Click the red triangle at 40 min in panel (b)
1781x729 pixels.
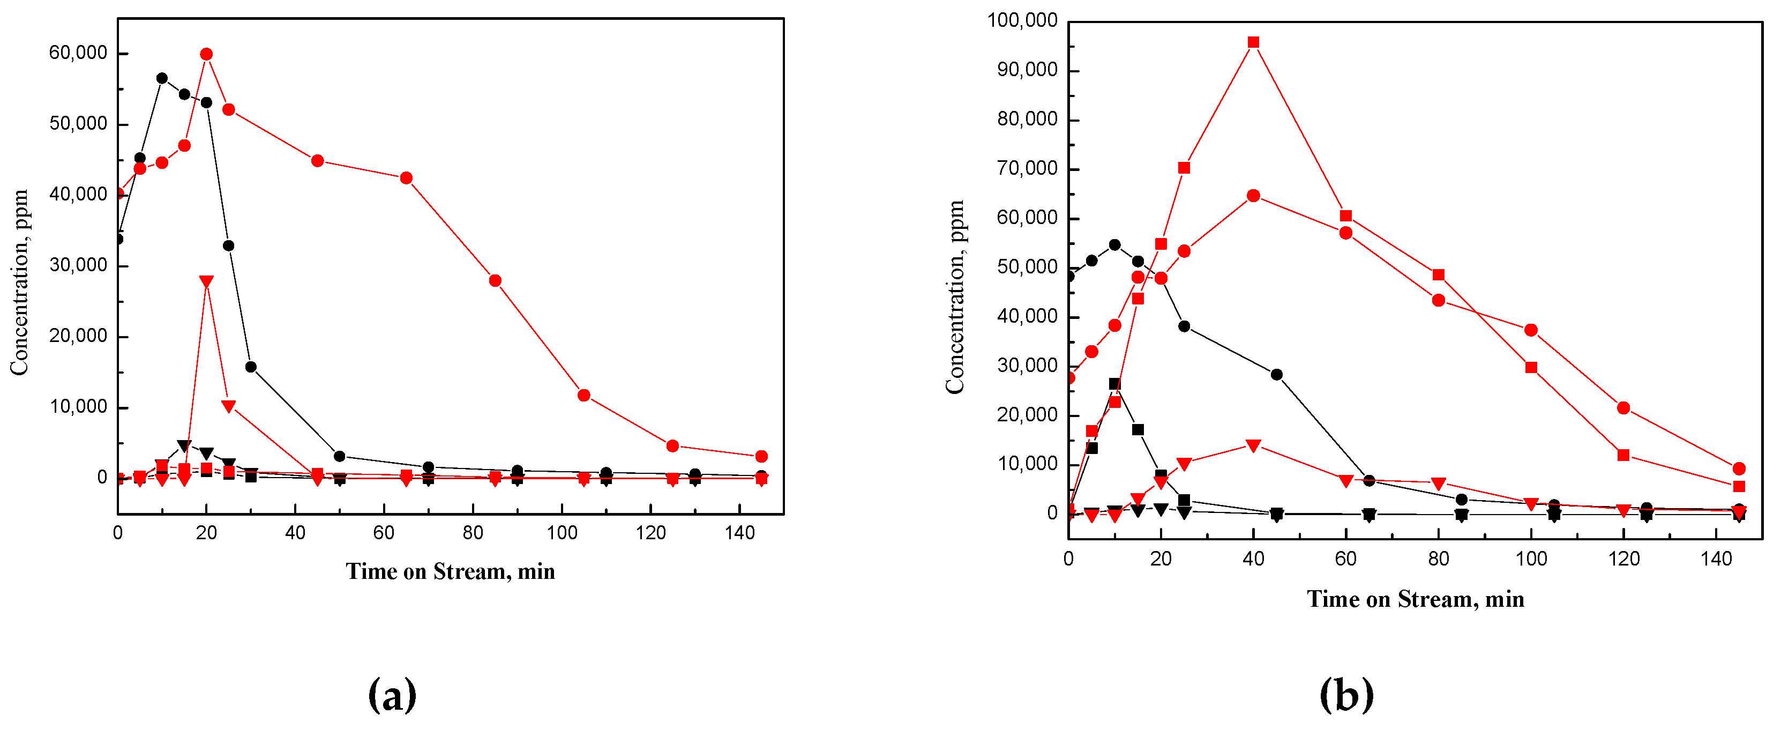pyautogui.click(x=1253, y=445)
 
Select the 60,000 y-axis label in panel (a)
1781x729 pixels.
pyautogui.click(x=78, y=53)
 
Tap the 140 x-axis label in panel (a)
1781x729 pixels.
pyautogui.click(x=739, y=533)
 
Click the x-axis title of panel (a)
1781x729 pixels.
pyautogui.click(x=450, y=571)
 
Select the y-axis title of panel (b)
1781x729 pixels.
pyautogui.click(x=955, y=297)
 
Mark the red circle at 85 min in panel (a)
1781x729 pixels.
pyautogui.click(x=495, y=281)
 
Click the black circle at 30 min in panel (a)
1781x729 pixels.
pyautogui.click(x=251, y=367)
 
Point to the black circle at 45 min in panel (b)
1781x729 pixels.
pyautogui.click(x=1276, y=375)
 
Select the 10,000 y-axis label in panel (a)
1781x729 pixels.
pyautogui.click(x=78, y=407)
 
